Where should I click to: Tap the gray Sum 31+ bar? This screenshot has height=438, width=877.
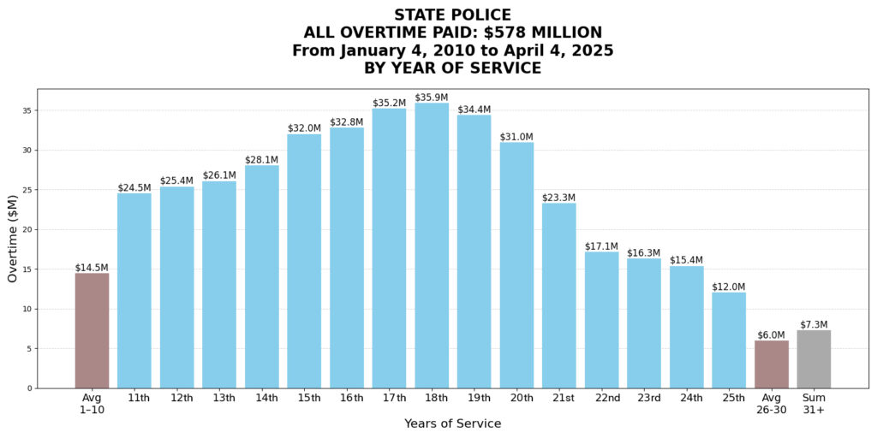(x=814, y=359)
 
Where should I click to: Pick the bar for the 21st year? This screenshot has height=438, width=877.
(x=559, y=295)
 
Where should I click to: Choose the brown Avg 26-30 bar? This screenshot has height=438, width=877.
(x=771, y=364)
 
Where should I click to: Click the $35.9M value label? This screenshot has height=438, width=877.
(x=432, y=98)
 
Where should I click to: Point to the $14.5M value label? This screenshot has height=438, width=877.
(x=92, y=268)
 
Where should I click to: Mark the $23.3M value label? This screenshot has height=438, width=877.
(x=559, y=198)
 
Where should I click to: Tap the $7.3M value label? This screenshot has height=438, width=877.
(x=814, y=324)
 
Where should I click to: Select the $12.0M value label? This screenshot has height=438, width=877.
(x=729, y=287)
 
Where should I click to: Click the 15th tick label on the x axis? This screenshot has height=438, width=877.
(x=304, y=399)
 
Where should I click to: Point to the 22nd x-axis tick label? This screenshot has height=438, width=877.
(x=601, y=399)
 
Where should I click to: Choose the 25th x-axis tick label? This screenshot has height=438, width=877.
(x=729, y=399)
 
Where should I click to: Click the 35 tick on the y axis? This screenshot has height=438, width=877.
(x=27, y=110)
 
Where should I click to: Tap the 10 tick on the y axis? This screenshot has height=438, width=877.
(x=27, y=309)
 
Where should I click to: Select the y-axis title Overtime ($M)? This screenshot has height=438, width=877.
(x=13, y=239)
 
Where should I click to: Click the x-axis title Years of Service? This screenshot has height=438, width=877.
(x=452, y=423)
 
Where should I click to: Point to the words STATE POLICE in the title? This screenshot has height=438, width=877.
(x=452, y=15)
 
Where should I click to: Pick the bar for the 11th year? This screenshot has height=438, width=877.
(x=134, y=291)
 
